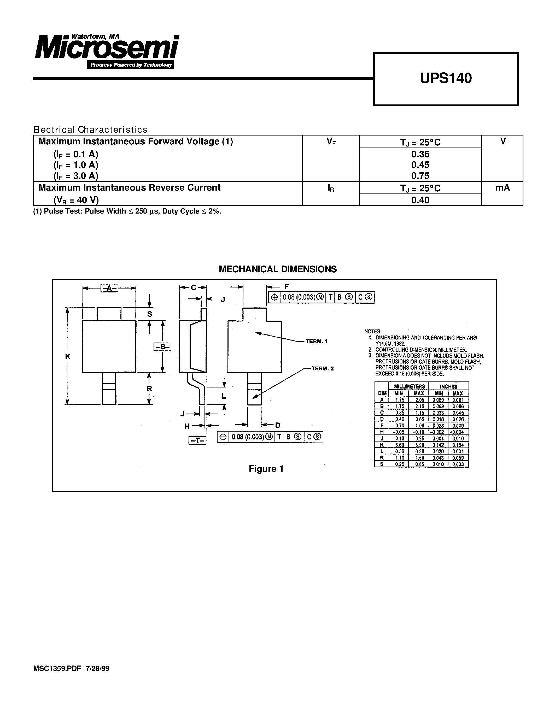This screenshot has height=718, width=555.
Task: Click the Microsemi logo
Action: coord(107,51)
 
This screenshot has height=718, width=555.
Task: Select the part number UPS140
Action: coord(446,78)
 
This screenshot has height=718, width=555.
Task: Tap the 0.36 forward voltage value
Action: coord(420,154)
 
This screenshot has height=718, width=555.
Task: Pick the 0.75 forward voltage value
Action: coord(420,176)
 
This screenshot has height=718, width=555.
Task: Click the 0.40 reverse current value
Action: coord(420,200)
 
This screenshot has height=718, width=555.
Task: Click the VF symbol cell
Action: coord(331,142)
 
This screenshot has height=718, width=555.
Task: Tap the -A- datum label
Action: coord(109,288)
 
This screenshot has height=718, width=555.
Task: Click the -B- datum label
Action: coord(162,347)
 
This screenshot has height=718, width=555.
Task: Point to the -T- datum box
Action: coord(197,440)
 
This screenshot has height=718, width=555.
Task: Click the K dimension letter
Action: coord(68,357)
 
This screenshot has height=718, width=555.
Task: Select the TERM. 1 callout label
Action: coord(316,342)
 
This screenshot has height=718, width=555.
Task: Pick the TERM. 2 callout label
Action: coord(322,369)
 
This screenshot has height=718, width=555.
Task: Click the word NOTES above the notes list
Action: coord(372,331)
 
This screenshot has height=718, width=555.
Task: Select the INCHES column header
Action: coord(448,387)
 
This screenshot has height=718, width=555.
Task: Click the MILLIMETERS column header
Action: coord(409,387)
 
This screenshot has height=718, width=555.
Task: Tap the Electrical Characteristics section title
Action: coord(90,130)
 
